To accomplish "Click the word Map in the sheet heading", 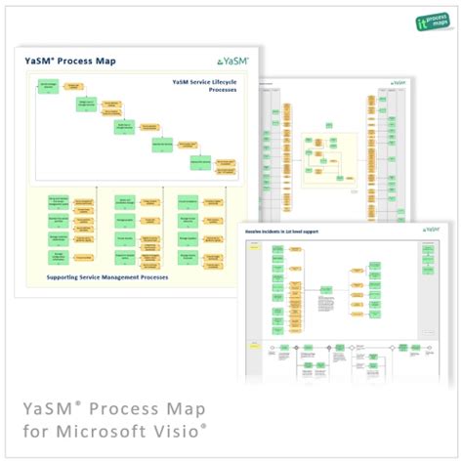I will point(103,62).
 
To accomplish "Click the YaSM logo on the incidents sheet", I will point(429,230).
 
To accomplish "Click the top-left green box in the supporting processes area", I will point(59,202).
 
